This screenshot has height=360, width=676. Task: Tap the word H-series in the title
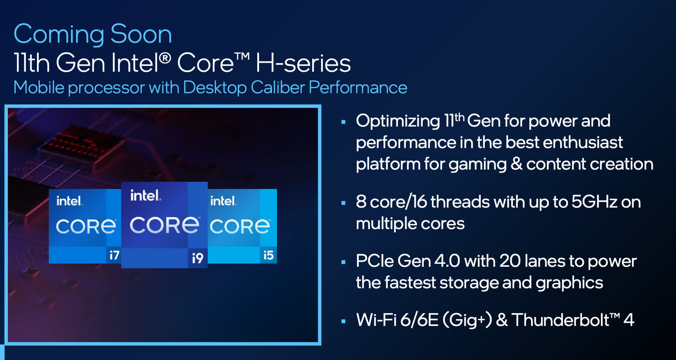coord(303,63)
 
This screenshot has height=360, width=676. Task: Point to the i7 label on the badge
coord(114,255)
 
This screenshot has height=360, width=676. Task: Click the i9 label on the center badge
coord(198,258)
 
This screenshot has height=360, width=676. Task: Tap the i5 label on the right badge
coord(268,255)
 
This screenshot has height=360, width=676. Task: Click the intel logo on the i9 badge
coord(145,195)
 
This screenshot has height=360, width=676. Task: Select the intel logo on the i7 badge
coord(69,201)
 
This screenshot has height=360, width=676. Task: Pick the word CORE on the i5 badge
coord(240,226)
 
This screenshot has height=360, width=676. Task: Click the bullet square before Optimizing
coord(343,122)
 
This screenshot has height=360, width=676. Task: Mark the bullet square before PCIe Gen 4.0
coord(343,262)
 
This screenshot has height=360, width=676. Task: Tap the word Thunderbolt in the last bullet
coord(560,320)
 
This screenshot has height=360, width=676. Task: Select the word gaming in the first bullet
coord(477,165)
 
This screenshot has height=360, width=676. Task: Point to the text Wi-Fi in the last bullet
coord(376,320)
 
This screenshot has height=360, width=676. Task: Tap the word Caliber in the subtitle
coord(278,87)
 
